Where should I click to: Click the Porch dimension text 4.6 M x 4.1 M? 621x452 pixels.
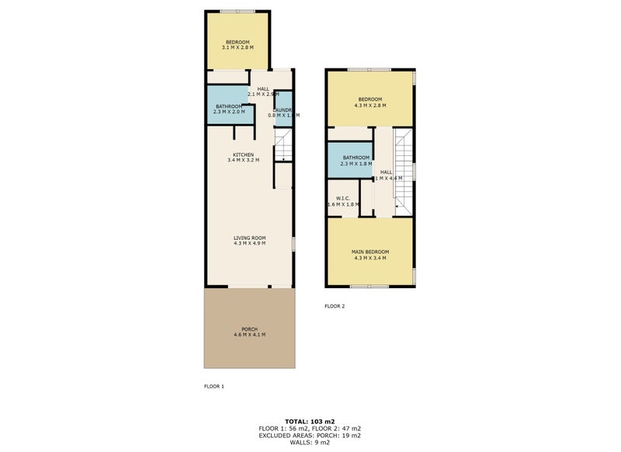point(249,335)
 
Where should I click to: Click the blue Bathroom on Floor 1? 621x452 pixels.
point(229,109)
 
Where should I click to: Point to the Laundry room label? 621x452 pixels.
point(283,110)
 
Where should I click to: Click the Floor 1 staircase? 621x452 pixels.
point(283,147)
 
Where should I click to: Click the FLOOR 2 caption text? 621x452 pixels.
point(335,306)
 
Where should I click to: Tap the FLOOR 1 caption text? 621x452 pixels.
point(213,386)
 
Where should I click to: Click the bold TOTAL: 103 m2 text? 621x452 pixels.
point(310,420)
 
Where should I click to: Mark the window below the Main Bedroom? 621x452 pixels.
point(369,287)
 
